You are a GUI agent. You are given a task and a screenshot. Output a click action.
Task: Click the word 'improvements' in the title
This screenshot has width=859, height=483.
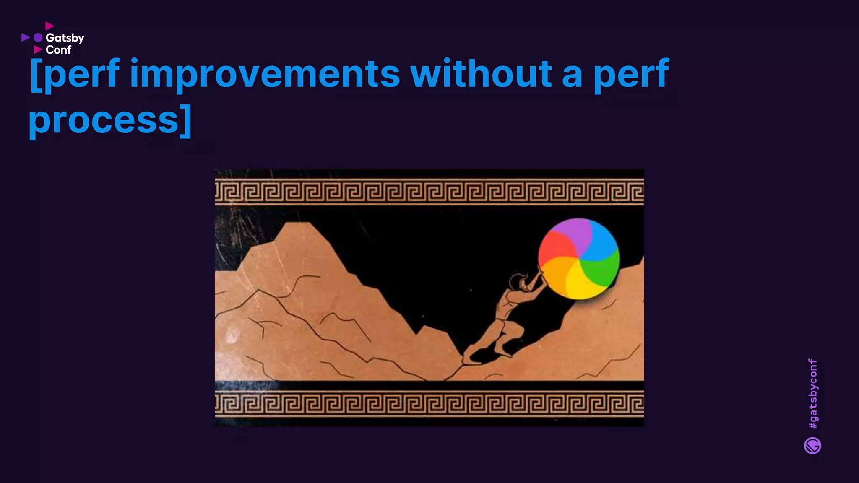(265, 74)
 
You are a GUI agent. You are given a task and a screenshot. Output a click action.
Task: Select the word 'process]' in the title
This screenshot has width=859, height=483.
(110, 120)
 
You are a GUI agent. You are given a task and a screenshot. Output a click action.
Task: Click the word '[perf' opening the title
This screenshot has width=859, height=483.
(75, 74)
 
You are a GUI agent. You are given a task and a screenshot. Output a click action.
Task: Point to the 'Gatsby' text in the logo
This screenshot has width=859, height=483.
(65, 38)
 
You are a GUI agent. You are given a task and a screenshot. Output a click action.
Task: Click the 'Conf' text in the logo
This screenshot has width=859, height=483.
(58, 50)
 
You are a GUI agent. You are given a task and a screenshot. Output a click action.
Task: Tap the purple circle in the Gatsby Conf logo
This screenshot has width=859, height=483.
(38, 38)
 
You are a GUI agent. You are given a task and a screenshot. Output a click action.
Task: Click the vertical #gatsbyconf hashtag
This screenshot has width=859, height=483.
(812, 393)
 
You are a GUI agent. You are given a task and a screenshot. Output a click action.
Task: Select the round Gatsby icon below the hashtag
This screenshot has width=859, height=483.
(812, 446)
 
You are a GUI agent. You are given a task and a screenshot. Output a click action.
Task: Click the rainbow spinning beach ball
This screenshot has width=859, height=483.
(579, 259)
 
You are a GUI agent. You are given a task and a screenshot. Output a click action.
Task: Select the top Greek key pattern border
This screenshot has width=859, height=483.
(429, 192)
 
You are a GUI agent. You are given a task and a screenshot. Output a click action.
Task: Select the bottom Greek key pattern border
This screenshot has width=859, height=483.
(429, 403)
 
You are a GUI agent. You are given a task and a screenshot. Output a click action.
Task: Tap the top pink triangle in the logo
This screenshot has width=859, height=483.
(49, 26)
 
